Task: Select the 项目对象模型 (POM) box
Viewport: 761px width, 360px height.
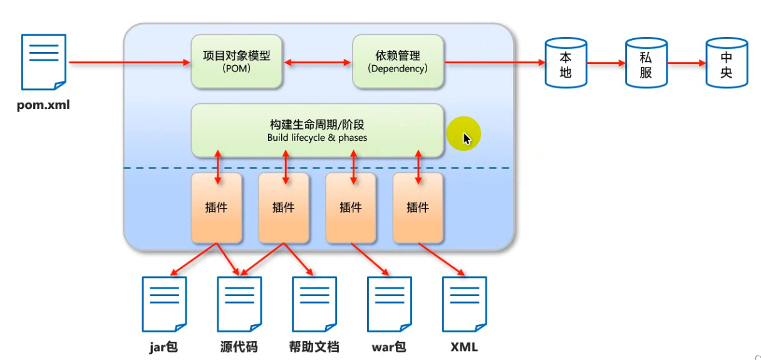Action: pos(237,61)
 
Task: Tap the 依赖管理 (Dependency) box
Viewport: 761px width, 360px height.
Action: pos(398,61)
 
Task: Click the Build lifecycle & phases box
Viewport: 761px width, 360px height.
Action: pos(317,130)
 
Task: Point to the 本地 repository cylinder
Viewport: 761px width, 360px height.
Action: pos(566,63)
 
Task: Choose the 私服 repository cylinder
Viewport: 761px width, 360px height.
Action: pos(646,63)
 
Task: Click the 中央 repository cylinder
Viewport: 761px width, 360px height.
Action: pos(727,63)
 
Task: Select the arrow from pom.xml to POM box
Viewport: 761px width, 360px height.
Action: pos(128,63)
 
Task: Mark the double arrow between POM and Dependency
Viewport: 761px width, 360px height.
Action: pos(318,63)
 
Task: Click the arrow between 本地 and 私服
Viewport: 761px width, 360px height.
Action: pos(606,63)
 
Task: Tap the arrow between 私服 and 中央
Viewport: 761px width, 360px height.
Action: pos(686,63)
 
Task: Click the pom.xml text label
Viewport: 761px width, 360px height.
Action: pos(43,105)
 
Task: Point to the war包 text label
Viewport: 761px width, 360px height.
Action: pos(388,346)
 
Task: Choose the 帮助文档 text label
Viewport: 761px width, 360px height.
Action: pos(314,346)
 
